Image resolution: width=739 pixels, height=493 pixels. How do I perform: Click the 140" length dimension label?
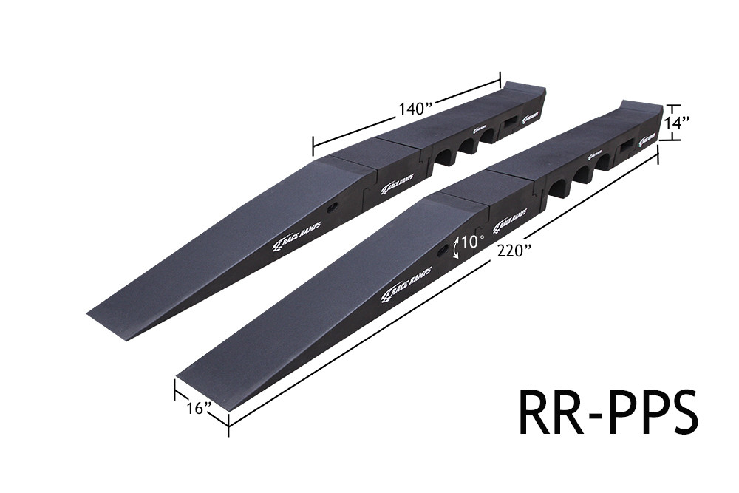pyautogui.click(x=415, y=109)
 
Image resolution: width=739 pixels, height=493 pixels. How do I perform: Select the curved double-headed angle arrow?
pyautogui.click(x=456, y=246)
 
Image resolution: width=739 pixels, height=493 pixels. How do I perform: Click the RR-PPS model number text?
pyautogui.click(x=607, y=413)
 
